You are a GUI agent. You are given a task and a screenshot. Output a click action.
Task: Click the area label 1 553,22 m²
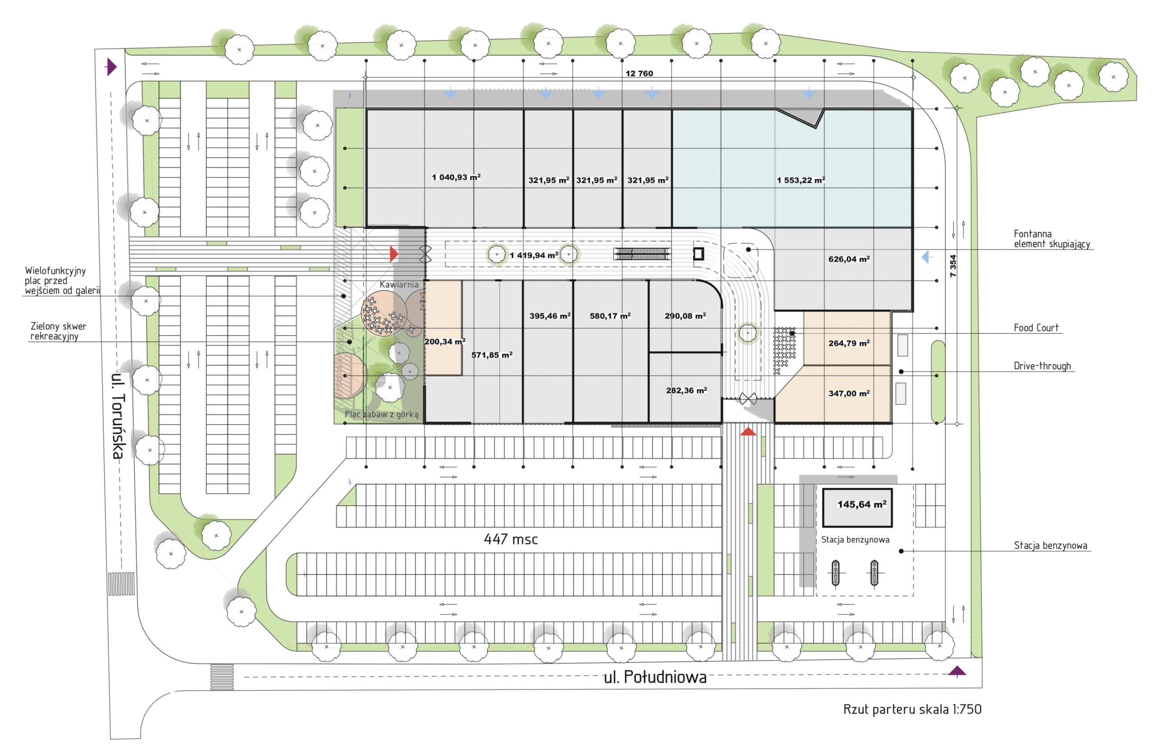[x=801, y=180]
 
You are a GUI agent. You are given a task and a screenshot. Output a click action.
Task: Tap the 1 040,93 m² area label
[x=456, y=177]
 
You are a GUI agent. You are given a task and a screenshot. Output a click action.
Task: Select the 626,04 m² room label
[x=849, y=259]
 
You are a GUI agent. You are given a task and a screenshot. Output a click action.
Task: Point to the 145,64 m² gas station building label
[x=862, y=504]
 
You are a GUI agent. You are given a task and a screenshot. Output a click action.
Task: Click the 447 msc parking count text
[x=511, y=539]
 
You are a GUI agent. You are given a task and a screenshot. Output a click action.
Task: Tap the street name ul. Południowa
[x=655, y=677]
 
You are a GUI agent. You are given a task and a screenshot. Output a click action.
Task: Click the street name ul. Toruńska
[x=118, y=416]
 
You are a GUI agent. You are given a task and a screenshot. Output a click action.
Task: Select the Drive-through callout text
[x=1042, y=366]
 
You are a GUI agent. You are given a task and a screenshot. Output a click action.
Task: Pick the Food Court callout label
[x=1036, y=328]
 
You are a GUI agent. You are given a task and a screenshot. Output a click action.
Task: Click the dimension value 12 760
[x=639, y=73]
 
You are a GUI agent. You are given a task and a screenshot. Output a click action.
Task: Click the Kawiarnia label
[x=399, y=284]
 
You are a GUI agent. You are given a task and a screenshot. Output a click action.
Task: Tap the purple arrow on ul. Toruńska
[x=111, y=66]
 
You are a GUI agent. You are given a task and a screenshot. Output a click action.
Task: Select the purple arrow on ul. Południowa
[x=957, y=671]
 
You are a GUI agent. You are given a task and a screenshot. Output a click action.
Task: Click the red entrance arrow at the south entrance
[x=748, y=431]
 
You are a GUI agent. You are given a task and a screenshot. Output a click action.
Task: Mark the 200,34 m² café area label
[x=444, y=342]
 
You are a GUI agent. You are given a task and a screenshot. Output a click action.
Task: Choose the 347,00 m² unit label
[x=849, y=393]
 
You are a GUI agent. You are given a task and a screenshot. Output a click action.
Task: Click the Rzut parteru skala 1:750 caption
[x=912, y=709]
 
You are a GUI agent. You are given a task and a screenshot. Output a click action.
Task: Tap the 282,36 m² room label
[x=686, y=390]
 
